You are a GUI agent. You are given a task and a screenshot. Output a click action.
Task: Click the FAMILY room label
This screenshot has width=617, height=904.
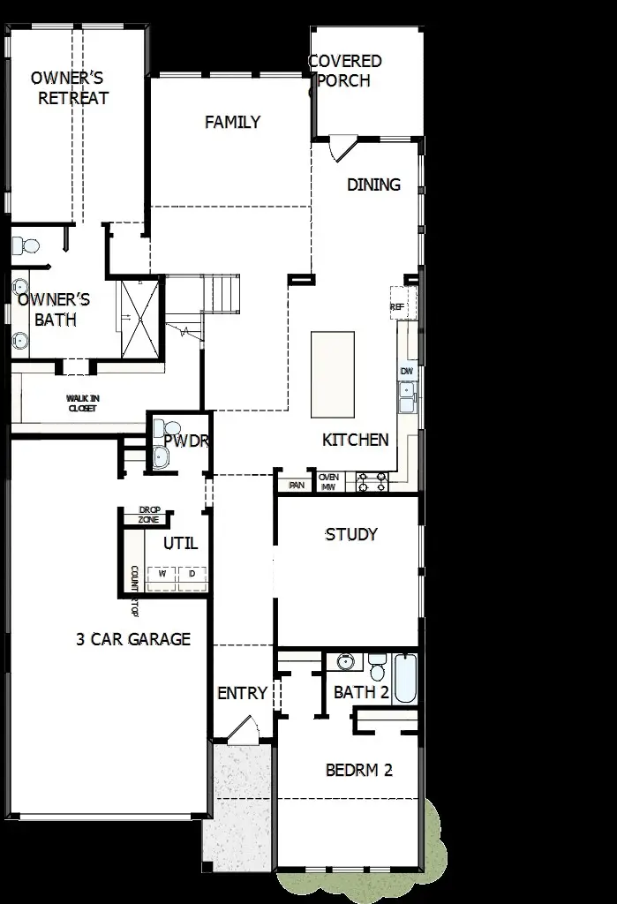pos(232,122)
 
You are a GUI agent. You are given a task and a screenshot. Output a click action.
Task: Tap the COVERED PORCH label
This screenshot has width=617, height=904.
pos(345,71)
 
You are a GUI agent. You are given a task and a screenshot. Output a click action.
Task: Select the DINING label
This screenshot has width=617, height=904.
pos(373,185)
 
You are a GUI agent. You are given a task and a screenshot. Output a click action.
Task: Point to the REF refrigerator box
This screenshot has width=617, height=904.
pos(398,305)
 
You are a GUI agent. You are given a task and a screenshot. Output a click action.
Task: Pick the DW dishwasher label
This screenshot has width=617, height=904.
pos(407,372)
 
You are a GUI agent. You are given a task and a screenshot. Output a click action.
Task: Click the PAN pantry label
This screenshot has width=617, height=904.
pos(297,484)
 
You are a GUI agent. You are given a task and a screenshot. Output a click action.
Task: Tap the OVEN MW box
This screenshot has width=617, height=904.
pos(328,482)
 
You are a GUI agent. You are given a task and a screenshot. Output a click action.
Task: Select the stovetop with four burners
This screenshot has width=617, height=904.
pos(372,482)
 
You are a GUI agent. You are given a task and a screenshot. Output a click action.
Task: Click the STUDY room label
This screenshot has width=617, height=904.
pos(351,534)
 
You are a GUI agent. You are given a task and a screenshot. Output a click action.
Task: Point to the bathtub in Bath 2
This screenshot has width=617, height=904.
pos(405,677)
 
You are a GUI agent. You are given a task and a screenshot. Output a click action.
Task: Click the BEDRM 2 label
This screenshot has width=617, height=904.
pos(359,770)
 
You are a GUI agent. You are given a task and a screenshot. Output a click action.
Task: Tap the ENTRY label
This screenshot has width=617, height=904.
pos(242,694)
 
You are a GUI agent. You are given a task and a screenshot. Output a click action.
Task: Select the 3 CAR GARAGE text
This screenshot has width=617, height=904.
pos(133,639)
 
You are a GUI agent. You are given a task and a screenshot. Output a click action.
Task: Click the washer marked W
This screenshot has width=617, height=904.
pos(162,574)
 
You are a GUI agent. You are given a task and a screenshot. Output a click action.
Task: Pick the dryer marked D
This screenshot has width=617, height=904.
pos(192,574)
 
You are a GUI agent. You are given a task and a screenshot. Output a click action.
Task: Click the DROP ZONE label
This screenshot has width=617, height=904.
pos(149,516)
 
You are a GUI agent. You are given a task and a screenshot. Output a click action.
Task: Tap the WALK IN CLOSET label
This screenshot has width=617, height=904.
pos(82,403)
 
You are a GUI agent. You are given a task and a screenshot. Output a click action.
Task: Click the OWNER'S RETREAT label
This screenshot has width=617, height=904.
pos(70,88)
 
